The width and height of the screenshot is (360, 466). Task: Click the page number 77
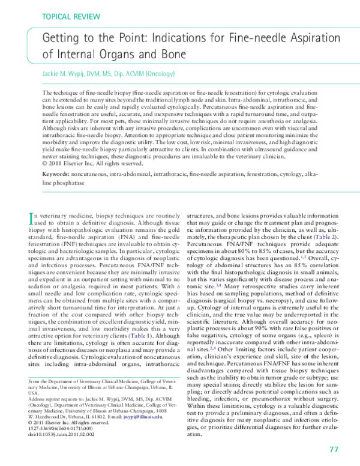pos(334,449)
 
